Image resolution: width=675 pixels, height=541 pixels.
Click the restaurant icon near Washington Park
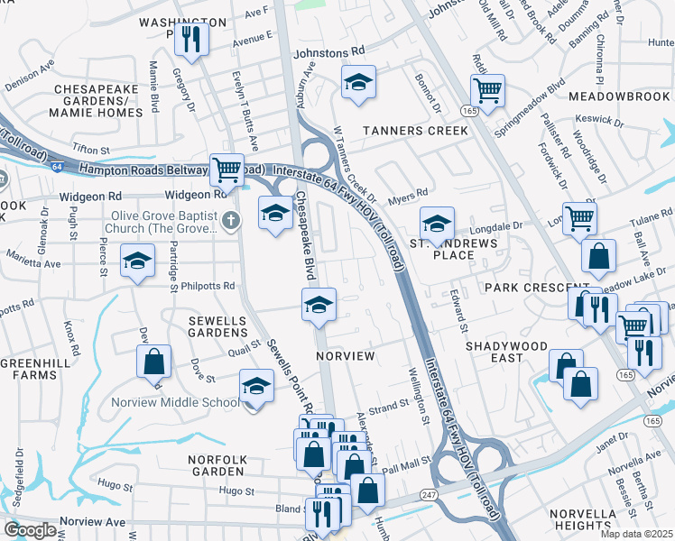191,38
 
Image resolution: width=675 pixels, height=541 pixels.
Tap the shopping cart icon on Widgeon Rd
227,169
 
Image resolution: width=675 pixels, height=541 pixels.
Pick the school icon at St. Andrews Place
437,223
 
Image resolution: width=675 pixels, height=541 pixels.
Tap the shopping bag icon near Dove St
155,362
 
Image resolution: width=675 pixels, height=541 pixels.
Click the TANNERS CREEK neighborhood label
415,131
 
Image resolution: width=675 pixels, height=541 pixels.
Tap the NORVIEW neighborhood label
346,356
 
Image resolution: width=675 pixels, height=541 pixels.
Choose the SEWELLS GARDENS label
217,326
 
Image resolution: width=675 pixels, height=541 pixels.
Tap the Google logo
31,530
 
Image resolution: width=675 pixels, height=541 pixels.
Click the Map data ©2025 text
636,534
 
